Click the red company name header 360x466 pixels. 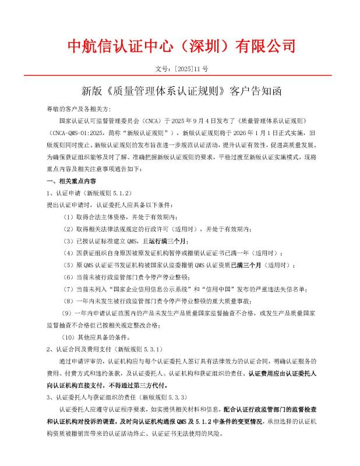click(180, 45)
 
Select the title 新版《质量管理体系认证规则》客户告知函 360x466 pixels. click(181, 91)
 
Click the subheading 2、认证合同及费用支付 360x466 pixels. click(103, 349)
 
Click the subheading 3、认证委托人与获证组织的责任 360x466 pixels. click(115, 397)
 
